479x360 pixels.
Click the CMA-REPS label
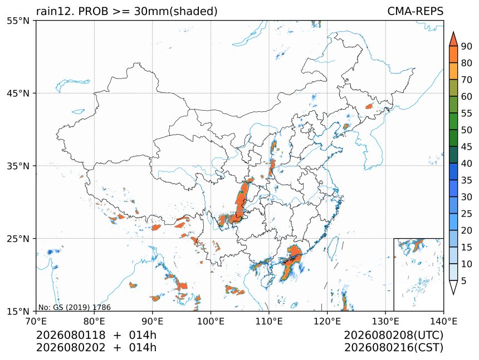415,11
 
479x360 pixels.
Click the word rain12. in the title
56,11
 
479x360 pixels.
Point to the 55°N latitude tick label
18,21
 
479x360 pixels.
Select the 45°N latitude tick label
18,93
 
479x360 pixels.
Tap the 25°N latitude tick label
18,238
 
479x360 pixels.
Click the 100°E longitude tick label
211,321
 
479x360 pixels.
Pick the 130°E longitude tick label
385,321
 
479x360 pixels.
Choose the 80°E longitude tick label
94,321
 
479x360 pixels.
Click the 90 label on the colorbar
467,46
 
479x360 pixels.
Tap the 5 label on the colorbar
464,280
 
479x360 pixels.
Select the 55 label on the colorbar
467,113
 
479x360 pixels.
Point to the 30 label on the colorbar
467,197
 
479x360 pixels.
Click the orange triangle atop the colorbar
453,39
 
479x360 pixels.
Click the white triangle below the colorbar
453,287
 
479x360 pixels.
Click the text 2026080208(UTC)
393,335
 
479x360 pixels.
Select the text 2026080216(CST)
393,348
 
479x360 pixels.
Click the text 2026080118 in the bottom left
71,335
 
